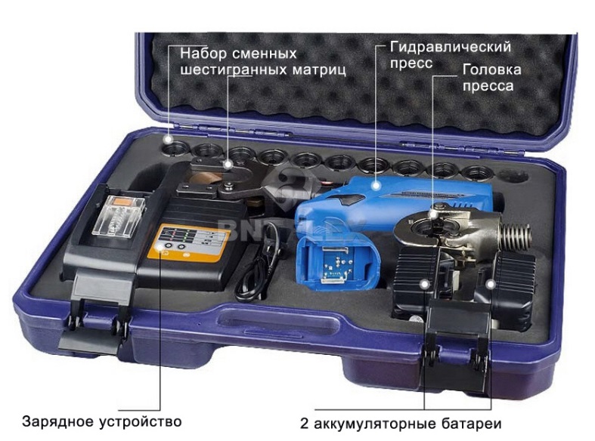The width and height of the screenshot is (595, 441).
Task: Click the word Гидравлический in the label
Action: [451, 47]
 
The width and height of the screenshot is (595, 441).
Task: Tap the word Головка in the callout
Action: [491, 69]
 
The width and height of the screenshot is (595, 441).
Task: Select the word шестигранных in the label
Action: [233, 70]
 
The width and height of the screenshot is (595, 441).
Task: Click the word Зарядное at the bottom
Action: [57, 421]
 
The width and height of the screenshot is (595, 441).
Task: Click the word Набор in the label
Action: [203, 54]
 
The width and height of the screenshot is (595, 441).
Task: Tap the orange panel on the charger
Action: [187, 242]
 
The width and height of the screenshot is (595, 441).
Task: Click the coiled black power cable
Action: [259, 265]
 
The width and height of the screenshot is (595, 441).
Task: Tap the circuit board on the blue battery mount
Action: [334, 263]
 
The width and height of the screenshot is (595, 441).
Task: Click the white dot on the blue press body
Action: [376, 185]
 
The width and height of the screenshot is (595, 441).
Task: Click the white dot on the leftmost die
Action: [167, 140]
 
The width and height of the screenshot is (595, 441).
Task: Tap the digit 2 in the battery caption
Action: [305, 424]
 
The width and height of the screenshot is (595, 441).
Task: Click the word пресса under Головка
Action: [488, 86]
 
